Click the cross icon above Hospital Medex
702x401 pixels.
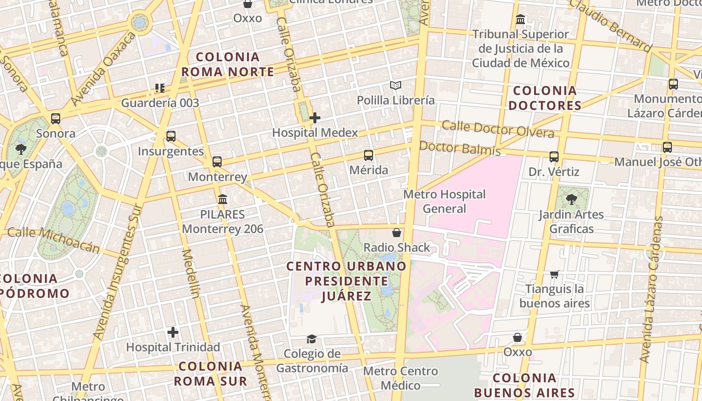tap(315, 118)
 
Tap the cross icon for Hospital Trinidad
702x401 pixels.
tap(173, 332)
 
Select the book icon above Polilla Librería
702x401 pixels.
tap(396, 86)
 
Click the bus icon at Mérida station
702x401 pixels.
tap(369, 155)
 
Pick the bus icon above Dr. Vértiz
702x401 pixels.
tap(554, 157)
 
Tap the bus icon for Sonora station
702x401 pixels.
tap(56, 119)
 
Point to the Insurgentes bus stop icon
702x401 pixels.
tap(171, 136)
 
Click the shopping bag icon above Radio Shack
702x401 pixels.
tap(397, 233)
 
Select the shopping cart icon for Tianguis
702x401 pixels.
tap(554, 274)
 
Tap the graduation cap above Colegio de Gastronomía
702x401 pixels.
tap(312, 339)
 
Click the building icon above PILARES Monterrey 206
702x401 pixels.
tap(223, 199)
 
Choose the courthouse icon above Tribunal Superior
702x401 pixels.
tap(520, 20)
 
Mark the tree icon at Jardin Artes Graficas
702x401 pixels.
tap(571, 199)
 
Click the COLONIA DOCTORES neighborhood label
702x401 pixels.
tap(545, 98)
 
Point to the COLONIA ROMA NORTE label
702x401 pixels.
tap(228, 65)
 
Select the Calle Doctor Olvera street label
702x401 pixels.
tap(497, 129)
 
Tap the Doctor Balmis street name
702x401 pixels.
tap(460, 148)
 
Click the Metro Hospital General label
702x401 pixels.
tap(445, 201)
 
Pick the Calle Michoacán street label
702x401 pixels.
tap(54, 239)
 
